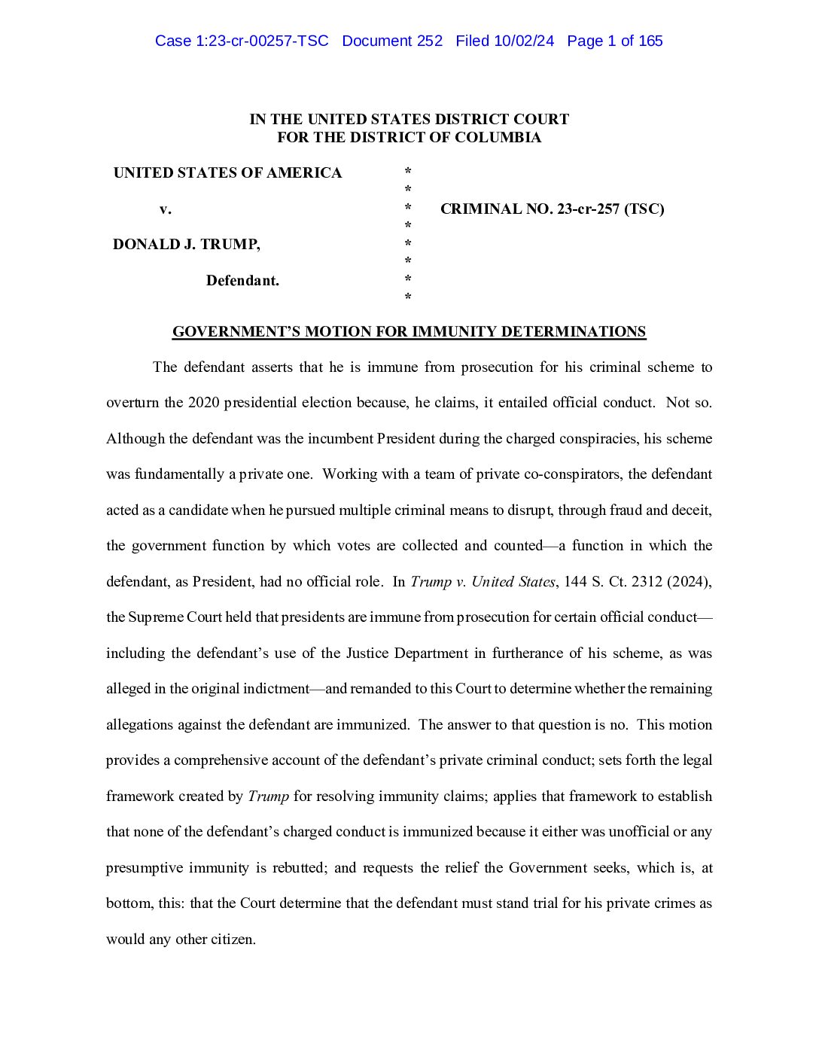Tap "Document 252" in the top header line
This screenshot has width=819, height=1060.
(392, 41)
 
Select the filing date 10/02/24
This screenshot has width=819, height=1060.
(524, 41)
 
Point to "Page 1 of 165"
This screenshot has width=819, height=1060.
(614, 41)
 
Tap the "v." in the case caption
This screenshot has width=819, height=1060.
(165, 209)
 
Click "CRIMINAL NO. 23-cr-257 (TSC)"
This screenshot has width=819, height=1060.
(552, 209)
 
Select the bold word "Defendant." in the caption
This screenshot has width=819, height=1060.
(242, 281)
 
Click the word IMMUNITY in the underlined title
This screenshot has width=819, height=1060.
(454, 332)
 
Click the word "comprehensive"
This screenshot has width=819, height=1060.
(212, 760)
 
